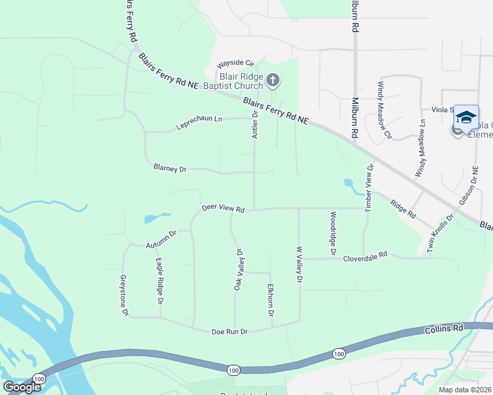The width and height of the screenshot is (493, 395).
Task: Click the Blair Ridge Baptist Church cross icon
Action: pos(274,80)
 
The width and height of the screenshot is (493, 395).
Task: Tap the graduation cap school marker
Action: pos(466,117)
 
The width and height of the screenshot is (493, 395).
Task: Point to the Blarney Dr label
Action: pos(170,169)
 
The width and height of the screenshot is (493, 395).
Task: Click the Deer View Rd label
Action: pos(223,209)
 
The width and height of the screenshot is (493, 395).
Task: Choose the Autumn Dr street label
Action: pos(161,239)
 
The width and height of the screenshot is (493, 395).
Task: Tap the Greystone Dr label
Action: pos(123,295)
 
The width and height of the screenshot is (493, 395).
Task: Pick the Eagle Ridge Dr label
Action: pos(159,280)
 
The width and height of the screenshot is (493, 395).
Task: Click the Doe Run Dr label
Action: pos(229,332)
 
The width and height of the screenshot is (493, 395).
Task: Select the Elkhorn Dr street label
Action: pos(270,301)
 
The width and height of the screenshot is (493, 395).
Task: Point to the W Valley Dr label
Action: pos(299,265)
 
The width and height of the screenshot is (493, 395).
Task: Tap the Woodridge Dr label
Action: pos(333,234)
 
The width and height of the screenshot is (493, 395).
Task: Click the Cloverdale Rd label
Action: pos(364,257)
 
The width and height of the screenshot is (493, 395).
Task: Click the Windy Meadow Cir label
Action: pos(384,111)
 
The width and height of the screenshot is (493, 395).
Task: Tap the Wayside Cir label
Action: pos(236,64)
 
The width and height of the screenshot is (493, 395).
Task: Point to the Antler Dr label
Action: pos(255,123)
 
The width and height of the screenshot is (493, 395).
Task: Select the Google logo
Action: pos(22,387)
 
